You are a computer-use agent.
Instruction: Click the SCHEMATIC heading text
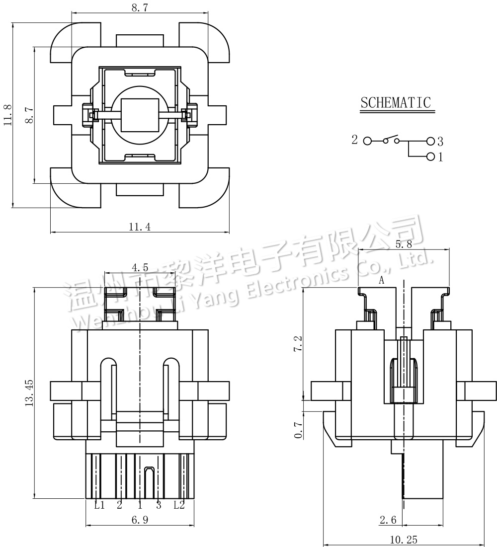(396, 102)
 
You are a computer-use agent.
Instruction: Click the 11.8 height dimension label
(8, 115)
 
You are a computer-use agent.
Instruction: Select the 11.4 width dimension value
(140, 227)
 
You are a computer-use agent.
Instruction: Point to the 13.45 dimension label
(29, 393)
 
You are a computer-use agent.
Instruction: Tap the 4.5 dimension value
(140, 268)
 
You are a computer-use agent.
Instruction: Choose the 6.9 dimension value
(140, 520)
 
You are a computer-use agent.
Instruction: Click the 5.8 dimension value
(404, 244)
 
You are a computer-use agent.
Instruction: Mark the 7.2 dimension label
(298, 344)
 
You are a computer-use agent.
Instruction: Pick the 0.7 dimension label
(298, 430)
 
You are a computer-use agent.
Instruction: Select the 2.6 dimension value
(388, 520)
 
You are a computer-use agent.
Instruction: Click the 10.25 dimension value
(404, 540)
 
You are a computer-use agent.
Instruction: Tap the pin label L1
(99, 505)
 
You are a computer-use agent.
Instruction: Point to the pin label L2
(179, 505)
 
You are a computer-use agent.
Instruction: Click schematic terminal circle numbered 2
(367, 141)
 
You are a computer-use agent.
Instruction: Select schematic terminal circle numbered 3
(431, 141)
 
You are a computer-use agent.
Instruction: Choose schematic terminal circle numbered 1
(431, 156)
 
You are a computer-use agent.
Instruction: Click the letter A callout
(382, 280)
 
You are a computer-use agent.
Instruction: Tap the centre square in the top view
(140, 115)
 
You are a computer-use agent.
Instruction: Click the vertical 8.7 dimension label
(29, 115)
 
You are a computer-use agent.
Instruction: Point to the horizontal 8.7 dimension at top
(140, 7)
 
